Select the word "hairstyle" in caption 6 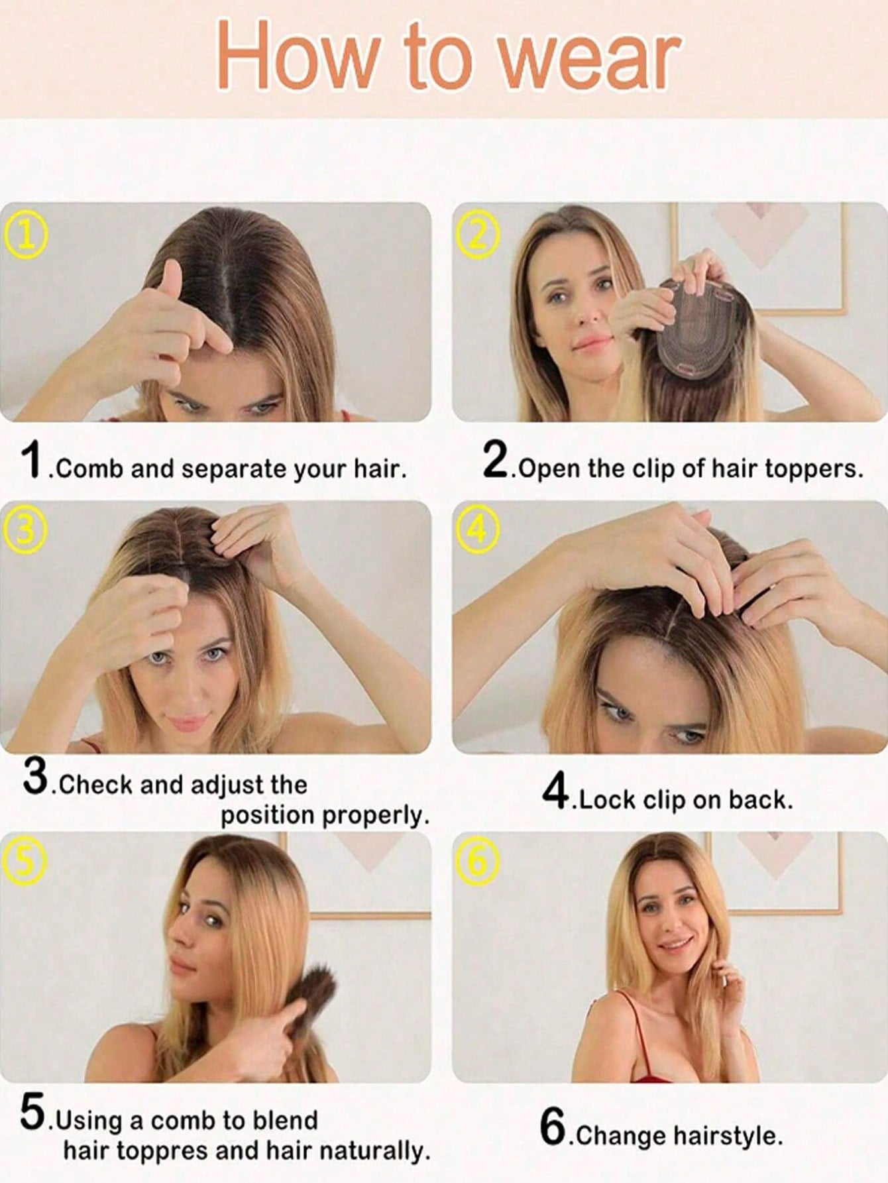coord(728,1136)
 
